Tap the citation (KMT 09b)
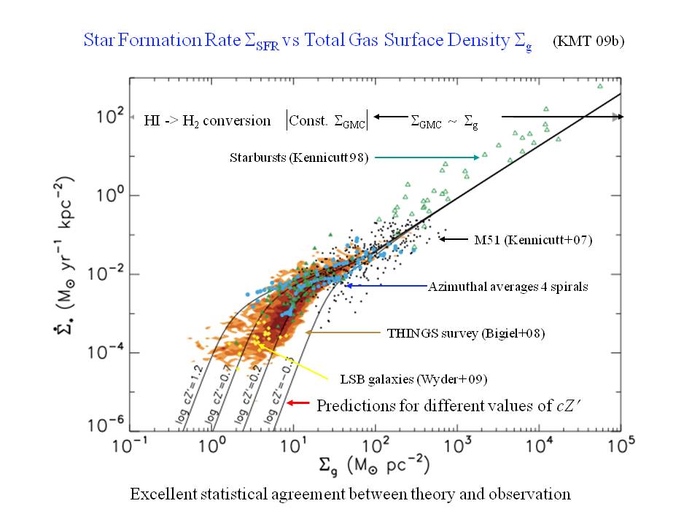(588, 41)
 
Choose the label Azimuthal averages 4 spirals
(507, 287)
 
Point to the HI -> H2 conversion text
(208, 120)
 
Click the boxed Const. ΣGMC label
(327, 120)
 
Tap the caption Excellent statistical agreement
(350, 494)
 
